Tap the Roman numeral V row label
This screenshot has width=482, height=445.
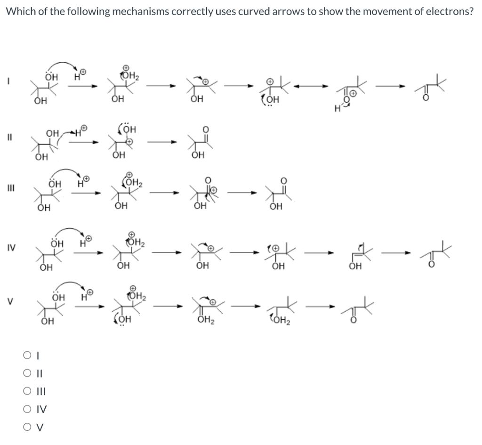[x=8, y=302]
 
